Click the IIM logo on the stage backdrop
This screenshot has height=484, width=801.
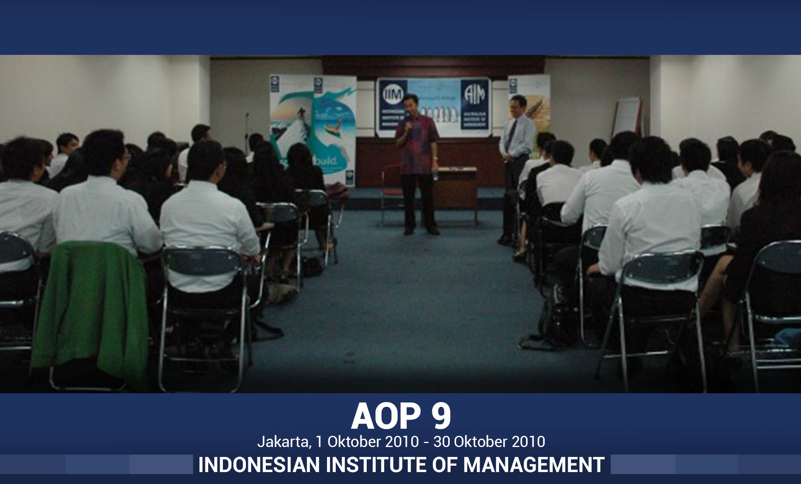393,95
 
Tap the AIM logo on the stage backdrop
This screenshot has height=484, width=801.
475,94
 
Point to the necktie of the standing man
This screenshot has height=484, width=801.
511,135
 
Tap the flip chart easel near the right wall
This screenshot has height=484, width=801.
627,117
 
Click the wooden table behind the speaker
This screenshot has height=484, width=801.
457,187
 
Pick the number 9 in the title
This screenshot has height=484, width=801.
441,416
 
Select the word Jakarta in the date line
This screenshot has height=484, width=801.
283,442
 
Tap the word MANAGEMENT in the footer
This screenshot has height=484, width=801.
534,465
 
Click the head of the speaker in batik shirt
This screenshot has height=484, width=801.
411,103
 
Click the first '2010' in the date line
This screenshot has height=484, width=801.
402,442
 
